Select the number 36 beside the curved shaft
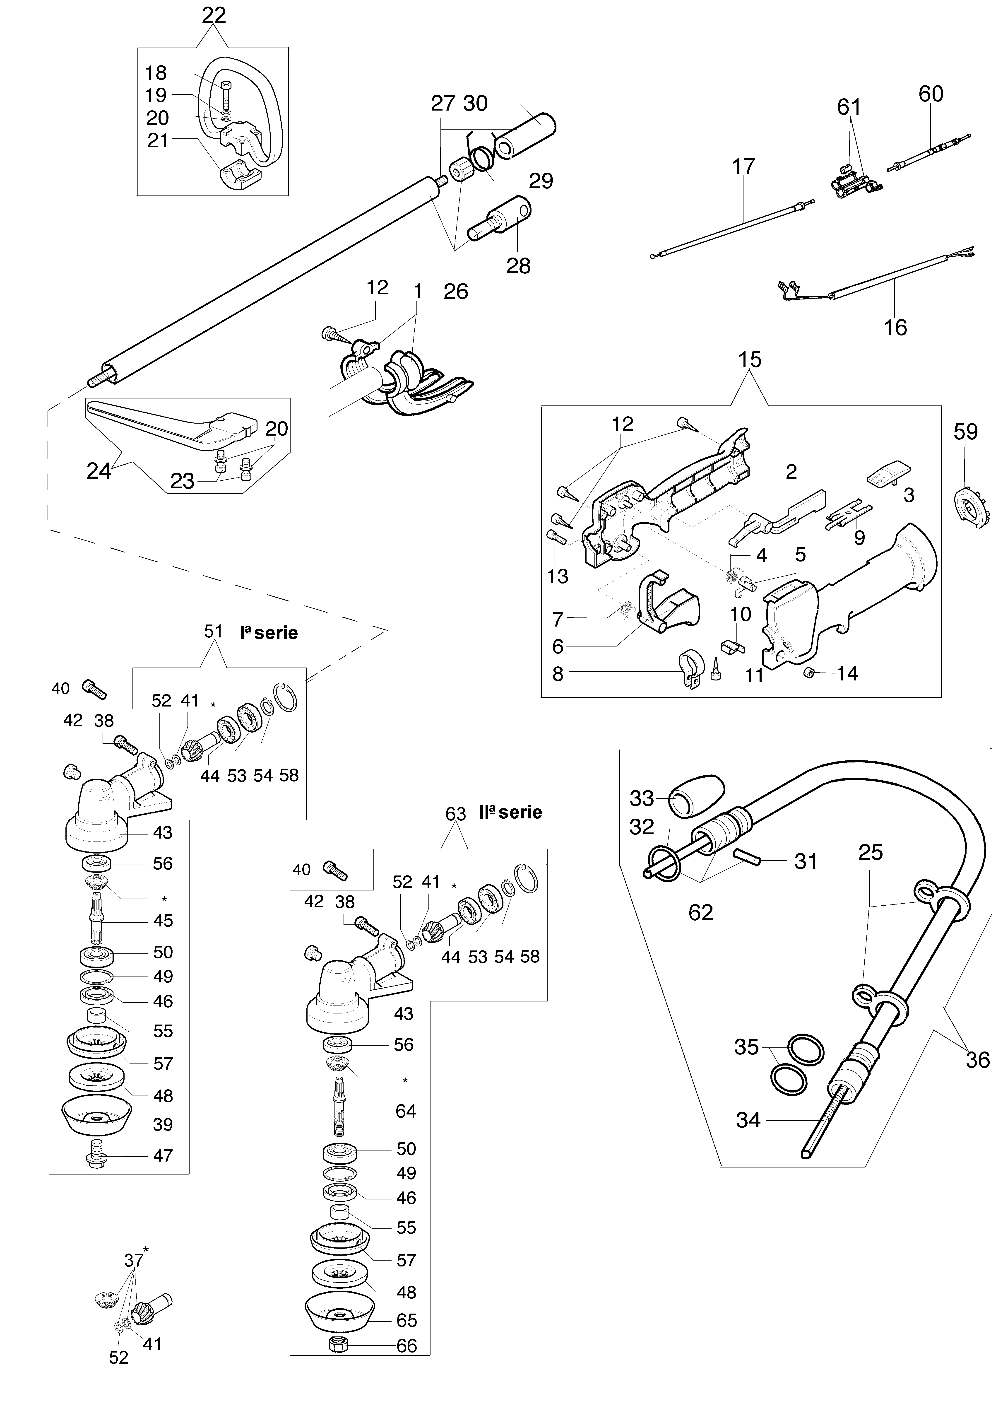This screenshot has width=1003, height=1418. point(978,1060)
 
